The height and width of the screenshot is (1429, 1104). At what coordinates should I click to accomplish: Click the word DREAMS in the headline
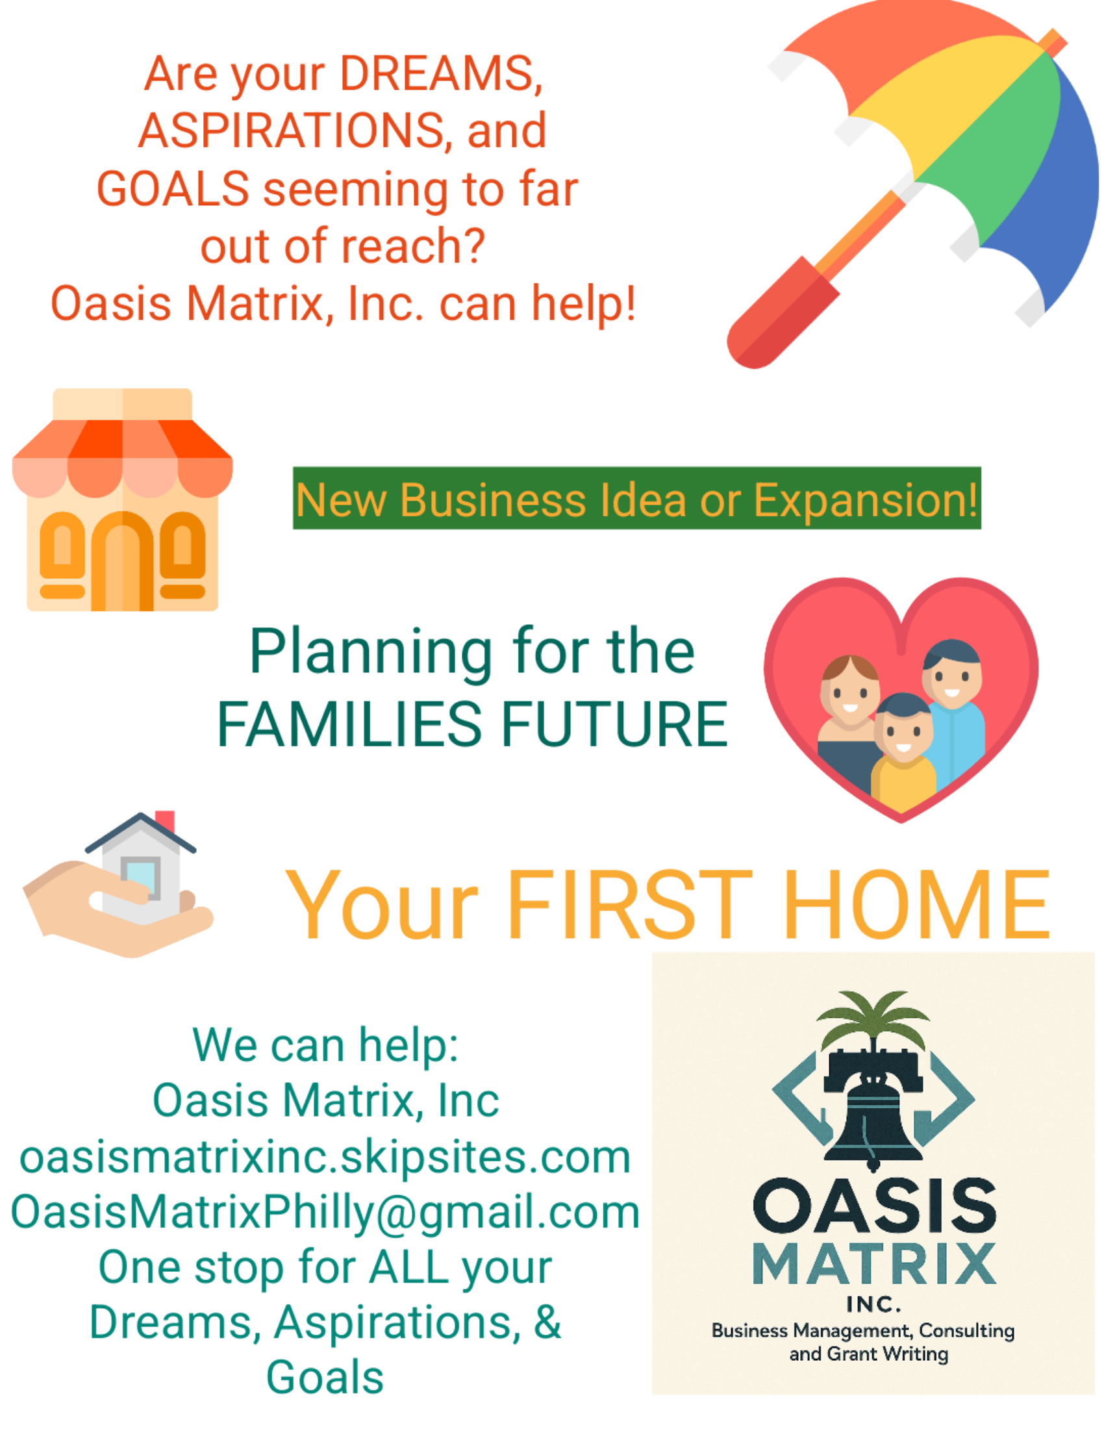[x=441, y=74]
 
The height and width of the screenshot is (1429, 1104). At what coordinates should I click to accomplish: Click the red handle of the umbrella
[x=783, y=314]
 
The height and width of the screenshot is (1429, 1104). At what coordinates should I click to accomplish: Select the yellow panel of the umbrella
[x=948, y=105]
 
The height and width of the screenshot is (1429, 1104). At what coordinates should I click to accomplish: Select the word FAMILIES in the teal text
[x=349, y=724]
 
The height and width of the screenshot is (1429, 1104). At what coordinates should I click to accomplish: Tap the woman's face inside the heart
[x=849, y=692]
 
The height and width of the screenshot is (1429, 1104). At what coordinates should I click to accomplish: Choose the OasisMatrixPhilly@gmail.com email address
[x=325, y=1213]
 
